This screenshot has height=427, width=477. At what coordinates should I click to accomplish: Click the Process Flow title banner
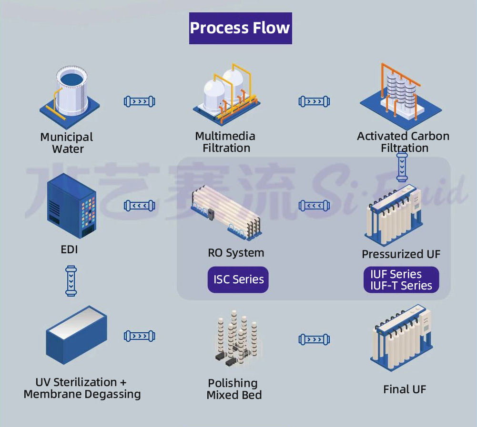(x=240, y=28)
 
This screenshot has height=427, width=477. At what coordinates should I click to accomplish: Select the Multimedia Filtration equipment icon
(x=226, y=94)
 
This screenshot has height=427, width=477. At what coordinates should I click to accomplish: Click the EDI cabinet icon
(x=72, y=206)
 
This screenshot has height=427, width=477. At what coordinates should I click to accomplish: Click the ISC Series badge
(x=238, y=279)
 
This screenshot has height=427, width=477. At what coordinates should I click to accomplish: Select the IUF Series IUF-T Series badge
(x=401, y=280)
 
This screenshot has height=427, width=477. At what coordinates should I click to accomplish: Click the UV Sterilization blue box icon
(x=76, y=335)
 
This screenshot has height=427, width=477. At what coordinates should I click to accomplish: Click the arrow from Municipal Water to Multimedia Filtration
(x=140, y=101)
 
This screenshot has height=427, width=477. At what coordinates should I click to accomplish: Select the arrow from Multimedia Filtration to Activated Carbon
(x=314, y=101)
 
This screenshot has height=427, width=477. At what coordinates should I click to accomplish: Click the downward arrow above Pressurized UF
(x=402, y=167)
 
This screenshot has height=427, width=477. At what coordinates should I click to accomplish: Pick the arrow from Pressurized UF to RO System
(x=314, y=206)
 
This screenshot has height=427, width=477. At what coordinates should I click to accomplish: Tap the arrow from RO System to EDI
(x=140, y=206)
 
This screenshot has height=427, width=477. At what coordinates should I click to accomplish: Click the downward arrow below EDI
(x=71, y=281)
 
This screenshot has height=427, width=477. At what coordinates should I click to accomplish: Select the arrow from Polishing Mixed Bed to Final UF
(x=314, y=339)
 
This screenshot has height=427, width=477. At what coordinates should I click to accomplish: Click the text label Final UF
(x=405, y=389)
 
